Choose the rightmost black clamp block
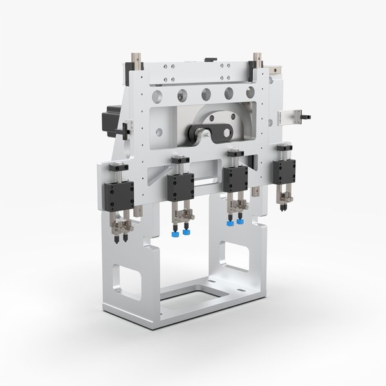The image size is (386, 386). click(284, 172)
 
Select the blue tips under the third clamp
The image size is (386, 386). click(235, 222)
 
